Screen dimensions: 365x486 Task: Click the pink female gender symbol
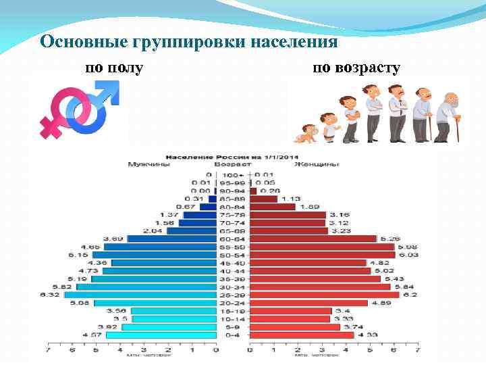59,112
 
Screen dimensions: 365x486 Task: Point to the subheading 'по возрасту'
357,68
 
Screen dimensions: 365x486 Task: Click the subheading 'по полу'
113,68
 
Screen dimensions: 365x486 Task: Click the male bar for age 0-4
161,335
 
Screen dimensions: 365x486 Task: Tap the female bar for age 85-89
264,199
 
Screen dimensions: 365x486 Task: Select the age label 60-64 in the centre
233,239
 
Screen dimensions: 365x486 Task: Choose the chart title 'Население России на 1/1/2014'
232,155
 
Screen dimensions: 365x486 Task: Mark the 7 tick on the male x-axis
47,350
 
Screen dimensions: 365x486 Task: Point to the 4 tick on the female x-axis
346,350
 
